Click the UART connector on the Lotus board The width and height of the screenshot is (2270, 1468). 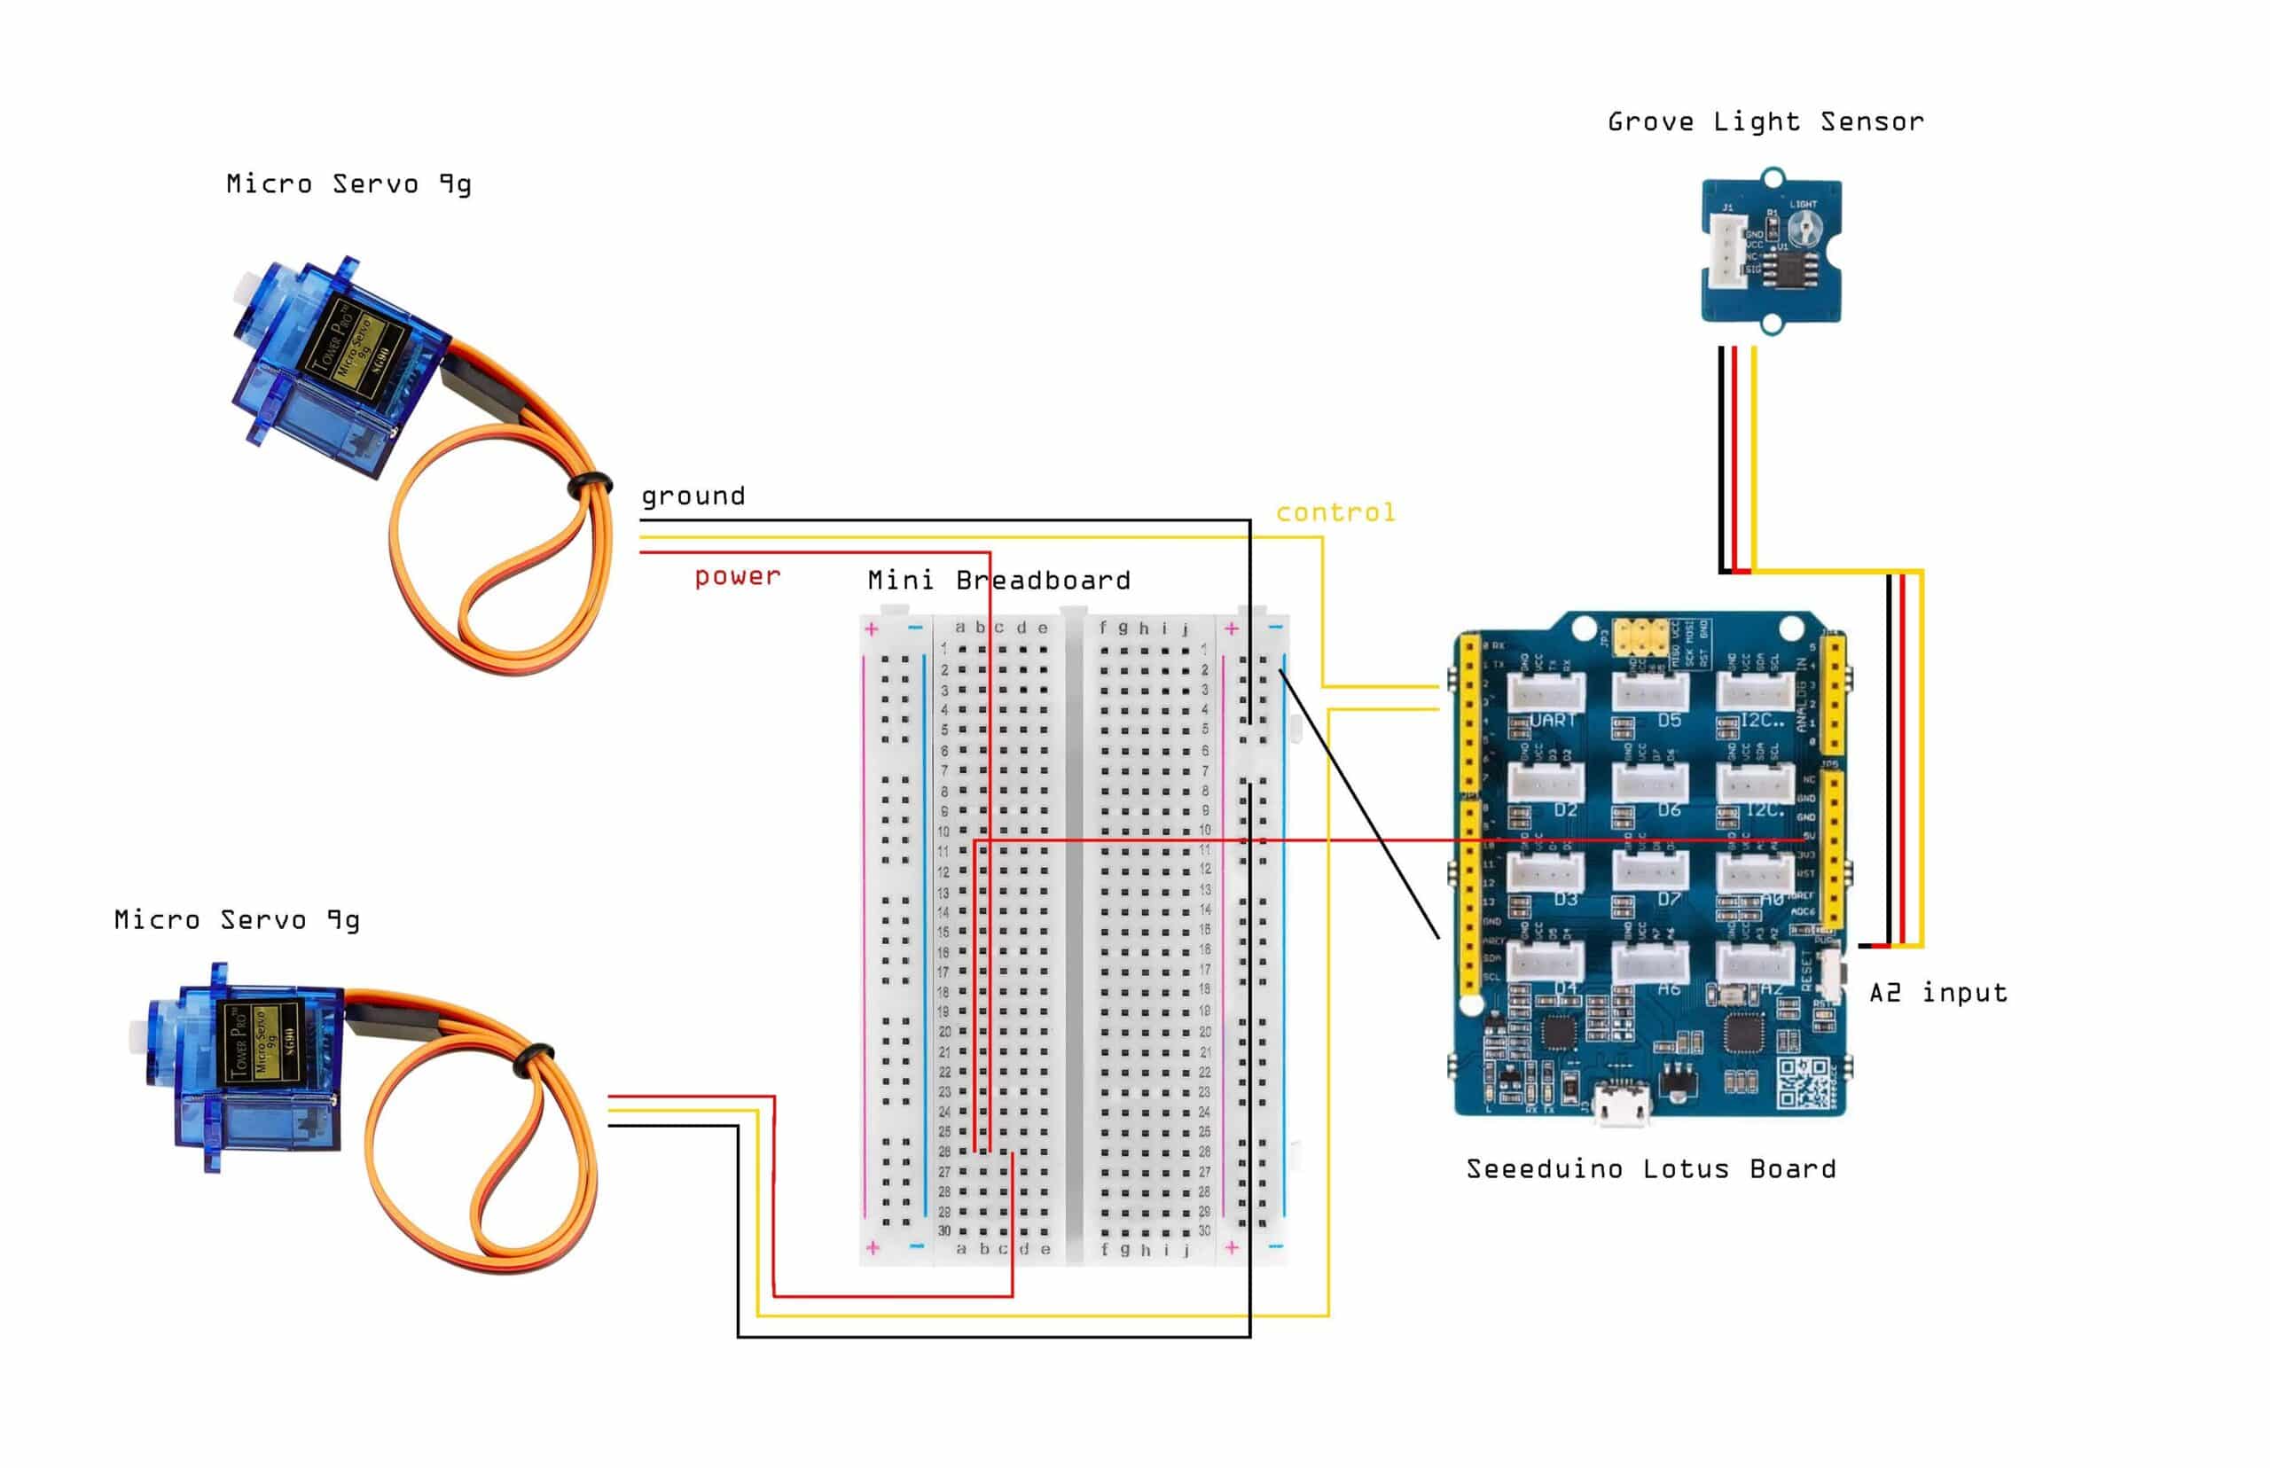(1546, 691)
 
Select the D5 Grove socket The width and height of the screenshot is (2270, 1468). (1650, 691)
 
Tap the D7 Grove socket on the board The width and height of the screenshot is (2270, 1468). (1650, 870)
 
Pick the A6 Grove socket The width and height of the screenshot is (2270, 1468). (1650, 961)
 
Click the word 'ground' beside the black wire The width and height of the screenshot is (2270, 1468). (693, 496)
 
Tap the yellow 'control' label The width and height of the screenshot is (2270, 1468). (1335, 513)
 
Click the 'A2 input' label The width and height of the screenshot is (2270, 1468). (1937, 993)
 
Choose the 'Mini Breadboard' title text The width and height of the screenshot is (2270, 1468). (998, 581)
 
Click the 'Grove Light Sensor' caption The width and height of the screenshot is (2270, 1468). (1765, 122)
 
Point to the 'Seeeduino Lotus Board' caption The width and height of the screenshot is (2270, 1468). (1650, 1169)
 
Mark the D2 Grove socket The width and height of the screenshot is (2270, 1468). (1546, 782)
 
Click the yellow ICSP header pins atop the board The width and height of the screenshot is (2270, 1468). (1640, 635)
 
